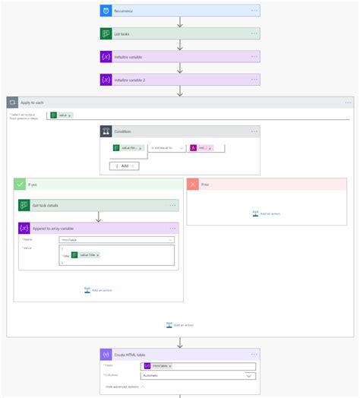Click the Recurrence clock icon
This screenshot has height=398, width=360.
click(106, 11)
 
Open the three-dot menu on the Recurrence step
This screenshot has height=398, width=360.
click(254, 11)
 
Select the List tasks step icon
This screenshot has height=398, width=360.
click(106, 33)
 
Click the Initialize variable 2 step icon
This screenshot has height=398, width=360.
click(106, 79)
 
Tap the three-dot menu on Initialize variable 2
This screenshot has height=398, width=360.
click(254, 79)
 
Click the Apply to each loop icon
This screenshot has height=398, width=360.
click(13, 102)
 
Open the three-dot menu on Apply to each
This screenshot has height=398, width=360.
click(348, 102)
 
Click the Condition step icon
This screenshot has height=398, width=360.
click(106, 131)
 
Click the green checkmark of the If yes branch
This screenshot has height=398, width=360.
click(20, 184)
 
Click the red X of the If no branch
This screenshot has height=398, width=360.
click(193, 184)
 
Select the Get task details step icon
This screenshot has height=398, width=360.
click(24, 205)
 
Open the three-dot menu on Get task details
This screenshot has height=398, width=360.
click(172, 205)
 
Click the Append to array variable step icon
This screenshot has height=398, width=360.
click(24, 228)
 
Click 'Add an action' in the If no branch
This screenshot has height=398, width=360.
click(267, 213)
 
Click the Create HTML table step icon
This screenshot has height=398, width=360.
click(106, 355)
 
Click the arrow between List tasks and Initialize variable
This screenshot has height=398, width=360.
click(180, 45)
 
